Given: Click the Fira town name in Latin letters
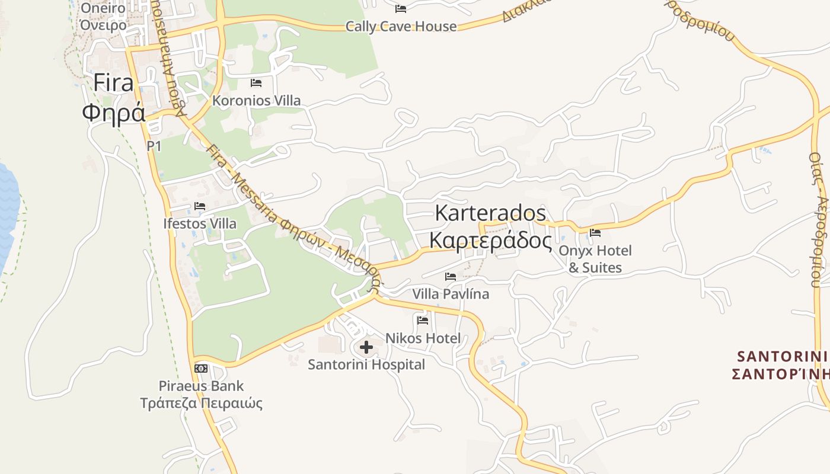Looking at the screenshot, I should click(114, 83).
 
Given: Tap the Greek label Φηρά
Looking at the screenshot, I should click(114, 112).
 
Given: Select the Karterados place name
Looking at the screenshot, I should click(490, 213).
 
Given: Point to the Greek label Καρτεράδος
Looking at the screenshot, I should click(490, 241).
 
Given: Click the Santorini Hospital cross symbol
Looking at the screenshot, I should click(366, 347).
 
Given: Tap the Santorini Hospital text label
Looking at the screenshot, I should click(366, 364).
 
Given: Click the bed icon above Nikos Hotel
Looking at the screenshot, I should click(423, 321).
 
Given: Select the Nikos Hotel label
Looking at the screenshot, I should click(423, 338).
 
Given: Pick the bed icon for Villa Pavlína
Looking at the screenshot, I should click(451, 276).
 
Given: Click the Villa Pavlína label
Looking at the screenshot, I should click(451, 294).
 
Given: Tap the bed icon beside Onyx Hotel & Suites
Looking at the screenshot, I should click(595, 233).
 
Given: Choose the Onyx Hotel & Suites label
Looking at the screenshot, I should click(595, 259).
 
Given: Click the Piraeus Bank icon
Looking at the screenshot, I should click(201, 368).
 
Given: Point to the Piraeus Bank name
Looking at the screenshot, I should click(201, 386).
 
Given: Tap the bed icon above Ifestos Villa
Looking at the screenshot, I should click(200, 206).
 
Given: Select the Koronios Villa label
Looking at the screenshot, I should click(257, 101).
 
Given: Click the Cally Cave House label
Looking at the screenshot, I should click(401, 27).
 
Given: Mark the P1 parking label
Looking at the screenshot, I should click(154, 146).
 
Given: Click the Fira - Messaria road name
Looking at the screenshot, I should click(244, 184).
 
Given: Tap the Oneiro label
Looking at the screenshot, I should click(103, 8).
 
